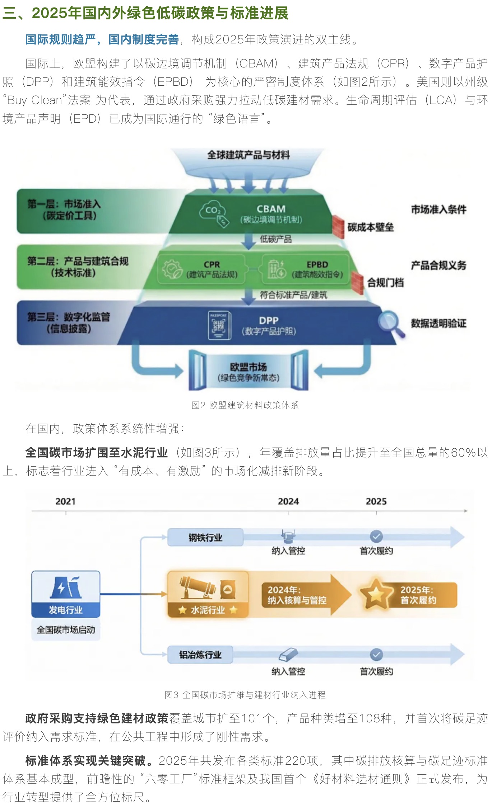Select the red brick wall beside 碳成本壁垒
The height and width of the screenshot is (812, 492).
click(x=338, y=226)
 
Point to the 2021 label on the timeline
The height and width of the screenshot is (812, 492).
click(x=65, y=501)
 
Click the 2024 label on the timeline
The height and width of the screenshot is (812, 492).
click(x=288, y=501)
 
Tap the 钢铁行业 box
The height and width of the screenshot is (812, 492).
click(x=205, y=537)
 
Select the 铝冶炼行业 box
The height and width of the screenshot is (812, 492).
click(x=200, y=655)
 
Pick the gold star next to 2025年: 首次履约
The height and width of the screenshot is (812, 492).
click(x=376, y=595)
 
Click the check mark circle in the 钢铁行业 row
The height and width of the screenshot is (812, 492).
click(x=376, y=537)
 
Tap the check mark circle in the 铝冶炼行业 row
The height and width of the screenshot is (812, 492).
click(x=376, y=655)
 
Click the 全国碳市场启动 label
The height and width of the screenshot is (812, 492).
click(x=66, y=629)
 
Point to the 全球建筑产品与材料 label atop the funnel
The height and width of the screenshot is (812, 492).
click(x=249, y=155)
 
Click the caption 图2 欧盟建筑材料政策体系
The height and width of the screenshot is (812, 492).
click(x=245, y=405)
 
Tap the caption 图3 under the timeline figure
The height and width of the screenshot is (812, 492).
click(x=245, y=695)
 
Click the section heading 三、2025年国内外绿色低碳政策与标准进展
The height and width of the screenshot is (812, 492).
click(x=145, y=13)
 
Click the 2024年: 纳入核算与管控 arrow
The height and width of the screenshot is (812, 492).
click(x=305, y=595)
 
